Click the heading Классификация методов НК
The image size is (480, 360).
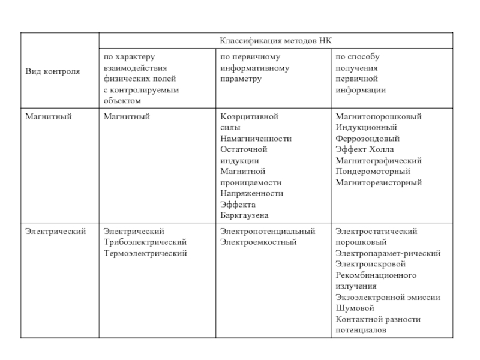click(275, 40)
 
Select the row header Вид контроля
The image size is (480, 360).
click(52, 71)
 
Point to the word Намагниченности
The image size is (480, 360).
click(256, 139)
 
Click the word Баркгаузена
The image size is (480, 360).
click(244, 215)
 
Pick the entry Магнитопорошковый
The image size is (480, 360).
click(379, 116)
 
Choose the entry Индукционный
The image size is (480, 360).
click(366, 127)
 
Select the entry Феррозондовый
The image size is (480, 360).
click(368, 139)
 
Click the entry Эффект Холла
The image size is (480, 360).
click(364, 149)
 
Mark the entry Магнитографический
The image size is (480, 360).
click(379, 161)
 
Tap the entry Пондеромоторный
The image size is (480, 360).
click(373, 172)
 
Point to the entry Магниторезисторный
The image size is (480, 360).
click(379, 182)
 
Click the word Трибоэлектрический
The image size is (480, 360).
click(145, 242)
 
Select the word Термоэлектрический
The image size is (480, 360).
click(145, 253)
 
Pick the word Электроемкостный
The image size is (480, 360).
click(259, 242)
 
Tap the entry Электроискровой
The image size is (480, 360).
click(371, 264)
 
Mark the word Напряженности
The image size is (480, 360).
click(251, 193)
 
